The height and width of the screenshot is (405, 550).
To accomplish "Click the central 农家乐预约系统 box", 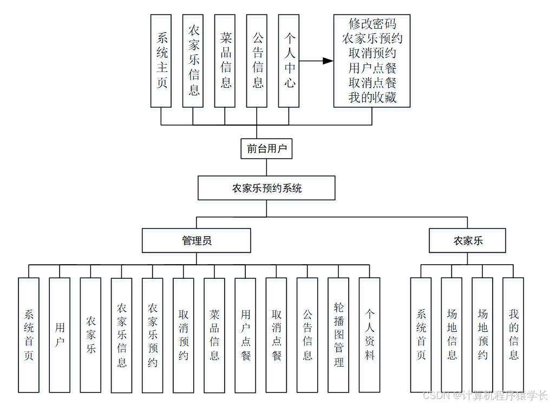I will click(x=266, y=188).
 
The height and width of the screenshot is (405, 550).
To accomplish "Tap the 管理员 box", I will click(x=196, y=240).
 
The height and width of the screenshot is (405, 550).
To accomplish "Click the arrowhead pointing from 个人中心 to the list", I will click(x=328, y=61).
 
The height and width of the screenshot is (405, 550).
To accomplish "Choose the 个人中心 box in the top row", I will click(x=290, y=61).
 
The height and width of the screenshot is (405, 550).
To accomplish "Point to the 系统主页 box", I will click(x=162, y=61).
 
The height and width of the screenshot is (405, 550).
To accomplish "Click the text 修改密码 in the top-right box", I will click(x=372, y=24).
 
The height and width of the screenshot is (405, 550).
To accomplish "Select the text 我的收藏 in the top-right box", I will click(x=372, y=97).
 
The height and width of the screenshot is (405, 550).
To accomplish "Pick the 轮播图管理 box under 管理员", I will click(x=338, y=335).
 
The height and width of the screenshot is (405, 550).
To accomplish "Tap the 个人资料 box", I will click(x=370, y=335).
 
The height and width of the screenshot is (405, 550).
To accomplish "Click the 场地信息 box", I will click(x=451, y=335).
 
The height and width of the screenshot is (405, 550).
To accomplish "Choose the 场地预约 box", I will click(x=482, y=335).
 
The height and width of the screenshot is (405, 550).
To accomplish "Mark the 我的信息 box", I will click(x=513, y=335).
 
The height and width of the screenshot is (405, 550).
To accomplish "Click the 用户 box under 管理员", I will click(x=60, y=335).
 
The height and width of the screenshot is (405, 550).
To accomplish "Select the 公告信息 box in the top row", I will click(x=258, y=61).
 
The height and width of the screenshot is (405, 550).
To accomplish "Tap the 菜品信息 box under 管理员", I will click(x=214, y=335).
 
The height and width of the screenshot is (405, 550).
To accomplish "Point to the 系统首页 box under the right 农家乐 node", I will click(x=421, y=335).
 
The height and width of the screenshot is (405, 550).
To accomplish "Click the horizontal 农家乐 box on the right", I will click(x=468, y=240).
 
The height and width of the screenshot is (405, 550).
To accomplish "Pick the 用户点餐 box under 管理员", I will click(x=245, y=335).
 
